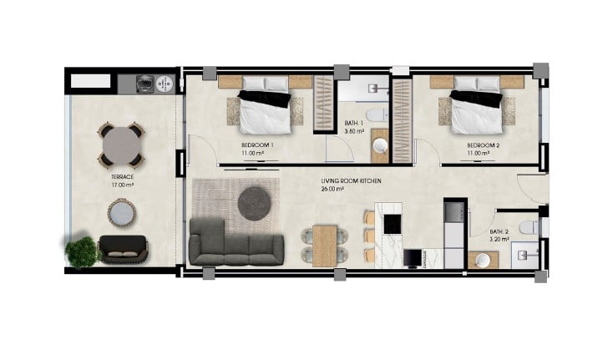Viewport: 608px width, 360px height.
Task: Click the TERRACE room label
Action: pos(123,177)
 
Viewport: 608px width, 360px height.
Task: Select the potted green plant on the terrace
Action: pos(81,251)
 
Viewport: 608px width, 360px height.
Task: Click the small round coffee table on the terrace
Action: pos(122,213)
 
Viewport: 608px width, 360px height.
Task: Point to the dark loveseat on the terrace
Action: pos(124,250)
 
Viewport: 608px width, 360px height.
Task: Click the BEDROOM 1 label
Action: pos(257,145)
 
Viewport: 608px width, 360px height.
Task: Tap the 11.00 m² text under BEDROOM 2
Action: pos(478,153)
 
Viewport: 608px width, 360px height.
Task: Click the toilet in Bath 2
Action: pos(529,227)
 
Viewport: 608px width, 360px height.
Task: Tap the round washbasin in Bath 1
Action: pos(380,146)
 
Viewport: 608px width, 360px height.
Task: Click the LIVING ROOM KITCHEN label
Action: pos(351,180)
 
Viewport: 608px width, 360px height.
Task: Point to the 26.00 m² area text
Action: pos(332,190)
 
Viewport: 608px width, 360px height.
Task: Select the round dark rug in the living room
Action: pos(255,204)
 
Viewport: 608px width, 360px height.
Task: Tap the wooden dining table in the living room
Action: pos(325,246)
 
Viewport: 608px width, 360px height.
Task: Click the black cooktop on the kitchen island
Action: pos(392,224)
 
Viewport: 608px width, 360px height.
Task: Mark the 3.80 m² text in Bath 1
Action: pos(354,131)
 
